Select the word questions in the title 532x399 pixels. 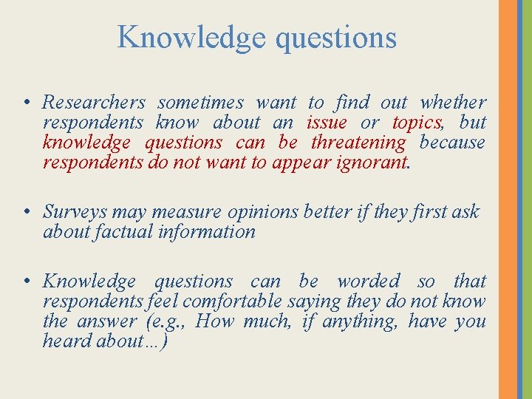[x=335, y=37]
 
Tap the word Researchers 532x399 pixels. [x=94, y=103]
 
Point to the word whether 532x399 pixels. [x=453, y=103]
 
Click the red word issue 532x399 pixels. [x=327, y=123]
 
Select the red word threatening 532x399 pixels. [x=358, y=143]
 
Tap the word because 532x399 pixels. [x=452, y=143]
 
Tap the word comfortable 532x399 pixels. [x=232, y=301]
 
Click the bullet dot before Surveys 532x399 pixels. [x=26, y=212]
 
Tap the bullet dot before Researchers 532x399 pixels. [x=26, y=103]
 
